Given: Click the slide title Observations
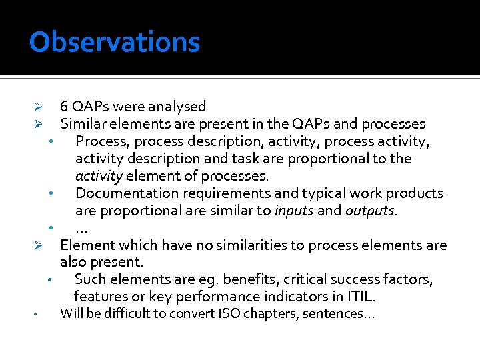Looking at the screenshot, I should tap(114, 42).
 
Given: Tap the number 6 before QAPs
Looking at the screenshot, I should tap(64, 107).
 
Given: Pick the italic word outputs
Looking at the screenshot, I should tap(370, 211).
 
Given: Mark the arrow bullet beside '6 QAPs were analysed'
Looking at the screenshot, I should tap(39, 107).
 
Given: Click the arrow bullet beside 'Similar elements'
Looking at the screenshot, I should tap(39, 125).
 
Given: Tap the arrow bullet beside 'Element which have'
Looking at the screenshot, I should tap(39, 246).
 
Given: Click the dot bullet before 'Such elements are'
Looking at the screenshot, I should tap(50, 279).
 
